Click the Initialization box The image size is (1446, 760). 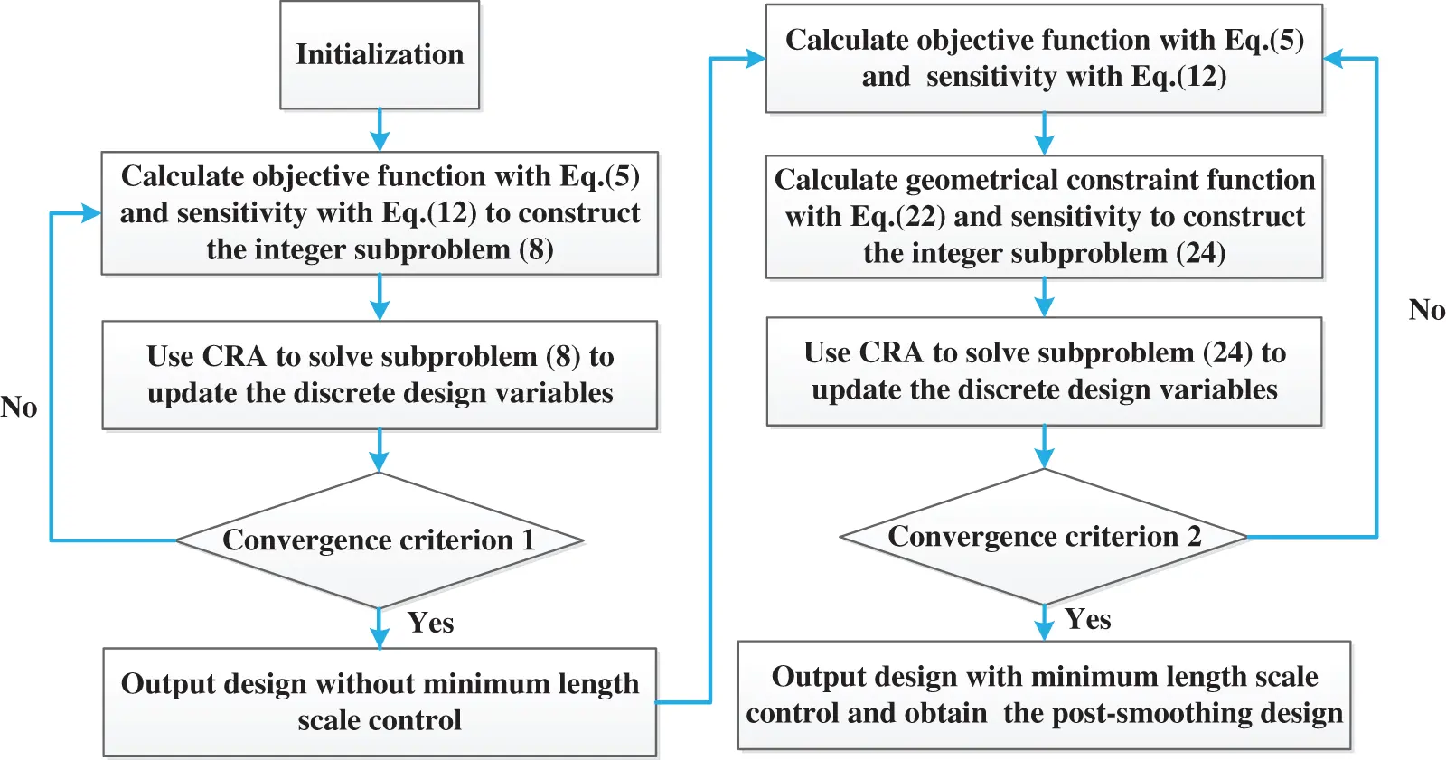coord(380,55)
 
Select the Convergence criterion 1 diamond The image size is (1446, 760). coord(380,540)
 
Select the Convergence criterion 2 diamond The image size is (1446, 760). coord(1044,537)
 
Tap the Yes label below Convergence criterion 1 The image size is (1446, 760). coord(430,623)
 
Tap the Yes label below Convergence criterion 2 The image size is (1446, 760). coord(1087,619)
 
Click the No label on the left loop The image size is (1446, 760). coord(19,407)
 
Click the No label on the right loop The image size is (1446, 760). coord(1426,310)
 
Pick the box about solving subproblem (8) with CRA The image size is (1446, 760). coord(380,375)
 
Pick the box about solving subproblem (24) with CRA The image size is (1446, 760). coord(1044,371)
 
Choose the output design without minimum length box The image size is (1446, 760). coord(380,702)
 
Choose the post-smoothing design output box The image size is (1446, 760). coord(1044,695)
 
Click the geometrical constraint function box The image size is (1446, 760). coord(1044,217)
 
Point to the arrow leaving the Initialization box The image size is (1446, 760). coord(380,129)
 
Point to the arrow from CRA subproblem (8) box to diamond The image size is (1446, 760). coord(380,450)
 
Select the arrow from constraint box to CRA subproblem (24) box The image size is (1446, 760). coord(1044,296)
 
